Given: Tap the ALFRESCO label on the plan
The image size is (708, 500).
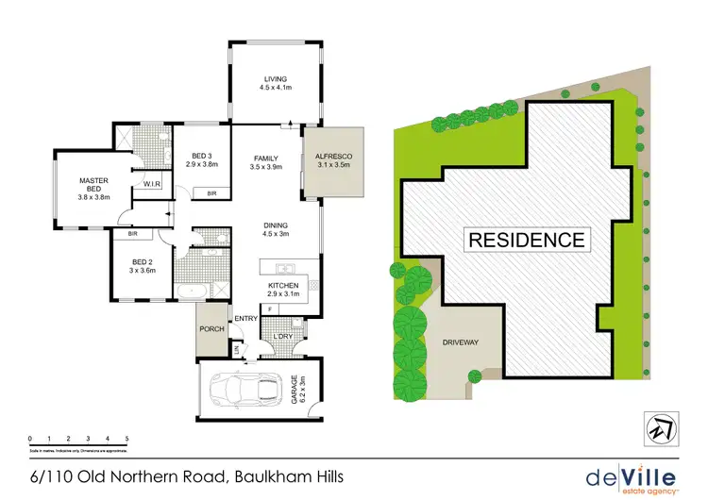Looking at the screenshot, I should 332,160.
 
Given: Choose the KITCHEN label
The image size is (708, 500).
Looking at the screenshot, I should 284,286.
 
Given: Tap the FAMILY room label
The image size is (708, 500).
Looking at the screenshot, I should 272,160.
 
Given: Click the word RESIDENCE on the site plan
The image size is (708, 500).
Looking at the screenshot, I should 527,239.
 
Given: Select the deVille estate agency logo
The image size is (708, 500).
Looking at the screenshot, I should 632,476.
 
